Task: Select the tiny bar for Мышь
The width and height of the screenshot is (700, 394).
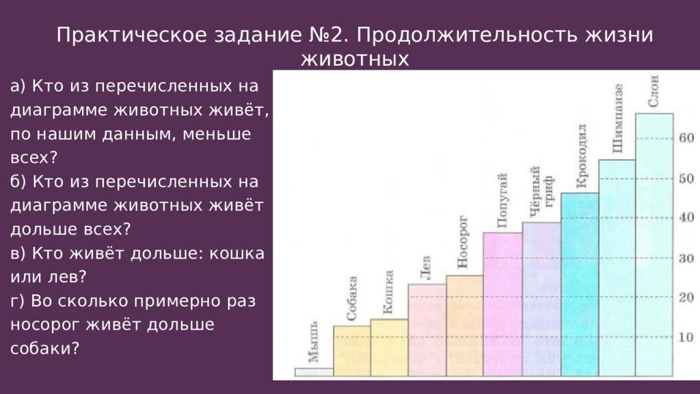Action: [314, 372]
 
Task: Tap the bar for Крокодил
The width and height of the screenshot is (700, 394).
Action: [580, 284]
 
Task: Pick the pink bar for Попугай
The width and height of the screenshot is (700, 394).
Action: [502, 304]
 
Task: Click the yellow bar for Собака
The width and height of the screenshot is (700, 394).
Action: [351, 351]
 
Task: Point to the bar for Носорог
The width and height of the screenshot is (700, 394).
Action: [464, 326]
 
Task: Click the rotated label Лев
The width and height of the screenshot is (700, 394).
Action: [425, 270]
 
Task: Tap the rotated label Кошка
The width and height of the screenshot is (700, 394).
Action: [388, 292]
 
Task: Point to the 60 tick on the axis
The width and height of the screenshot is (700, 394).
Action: [686, 137]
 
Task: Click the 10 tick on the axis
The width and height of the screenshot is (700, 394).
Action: [686, 337]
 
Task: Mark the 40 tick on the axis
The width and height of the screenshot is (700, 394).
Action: [686, 218]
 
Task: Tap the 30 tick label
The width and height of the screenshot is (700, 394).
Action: [686, 258]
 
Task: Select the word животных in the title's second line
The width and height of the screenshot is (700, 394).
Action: [355, 60]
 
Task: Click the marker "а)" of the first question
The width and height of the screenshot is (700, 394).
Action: [18, 87]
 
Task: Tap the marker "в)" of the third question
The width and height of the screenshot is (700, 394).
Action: [18, 253]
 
